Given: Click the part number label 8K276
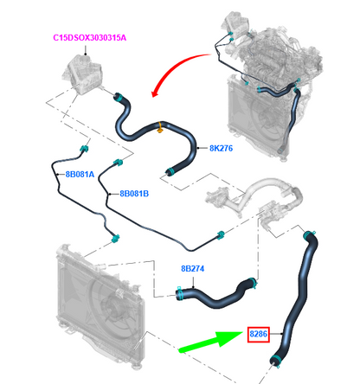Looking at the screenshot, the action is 221,148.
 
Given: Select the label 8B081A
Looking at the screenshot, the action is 80,174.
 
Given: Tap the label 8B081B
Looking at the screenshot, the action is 134,194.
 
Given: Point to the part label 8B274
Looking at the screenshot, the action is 192,268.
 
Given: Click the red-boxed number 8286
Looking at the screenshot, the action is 259,334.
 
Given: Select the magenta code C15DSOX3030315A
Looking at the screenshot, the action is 90,38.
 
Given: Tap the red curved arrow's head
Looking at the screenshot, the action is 156,92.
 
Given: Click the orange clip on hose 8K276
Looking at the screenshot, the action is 159,127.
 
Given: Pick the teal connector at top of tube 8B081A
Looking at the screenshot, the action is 84,149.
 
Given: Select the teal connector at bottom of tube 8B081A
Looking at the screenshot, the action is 116,239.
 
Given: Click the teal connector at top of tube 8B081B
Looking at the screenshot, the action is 118,163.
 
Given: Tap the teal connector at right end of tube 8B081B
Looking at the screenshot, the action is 221,234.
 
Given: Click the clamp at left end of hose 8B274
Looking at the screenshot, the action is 181,293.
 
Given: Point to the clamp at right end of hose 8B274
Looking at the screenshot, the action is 253,283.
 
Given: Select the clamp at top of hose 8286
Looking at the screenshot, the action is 309,234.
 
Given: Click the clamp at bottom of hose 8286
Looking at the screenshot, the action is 275,361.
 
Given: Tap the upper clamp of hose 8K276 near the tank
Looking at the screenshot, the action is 119,97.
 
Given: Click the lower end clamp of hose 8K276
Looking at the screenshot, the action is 170,172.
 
